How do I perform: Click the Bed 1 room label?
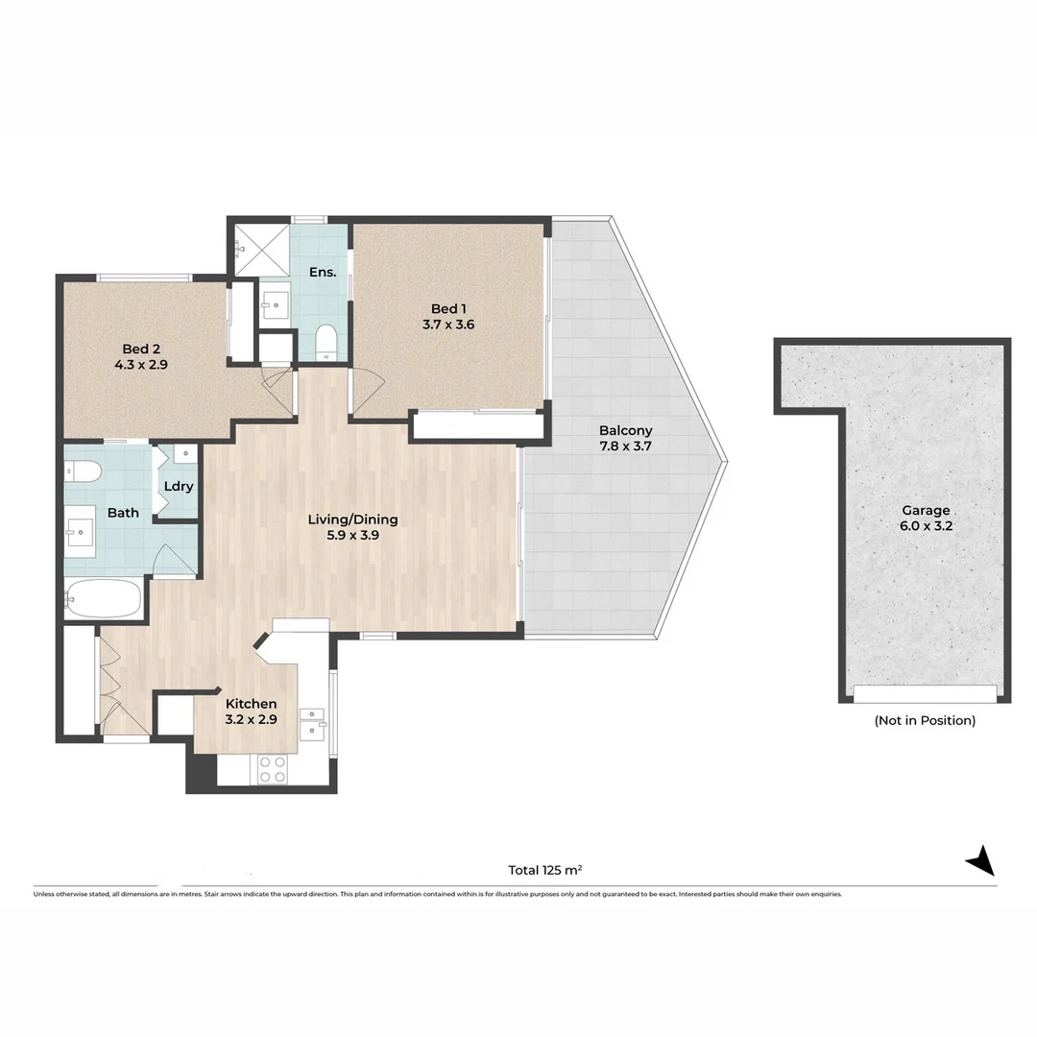pos(448,309)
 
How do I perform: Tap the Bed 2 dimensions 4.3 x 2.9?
pos(141,365)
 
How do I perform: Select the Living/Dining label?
pos(353,519)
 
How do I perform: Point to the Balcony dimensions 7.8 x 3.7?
pos(626,446)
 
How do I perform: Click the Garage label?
pos(926,511)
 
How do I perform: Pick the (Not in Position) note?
pos(926,720)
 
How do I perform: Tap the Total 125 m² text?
pos(545,870)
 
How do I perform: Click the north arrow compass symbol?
pos(981,860)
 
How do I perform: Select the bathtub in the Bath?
pos(104,598)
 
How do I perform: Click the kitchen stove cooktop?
pos(273,769)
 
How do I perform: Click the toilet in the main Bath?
pos(83,472)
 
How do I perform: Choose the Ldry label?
pos(179,487)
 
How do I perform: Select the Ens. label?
pos(323,272)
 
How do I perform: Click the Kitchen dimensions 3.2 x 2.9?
pos(252,719)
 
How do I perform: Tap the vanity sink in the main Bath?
pos(80,531)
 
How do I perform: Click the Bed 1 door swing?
pos(368,392)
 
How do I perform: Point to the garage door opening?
pos(925,694)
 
